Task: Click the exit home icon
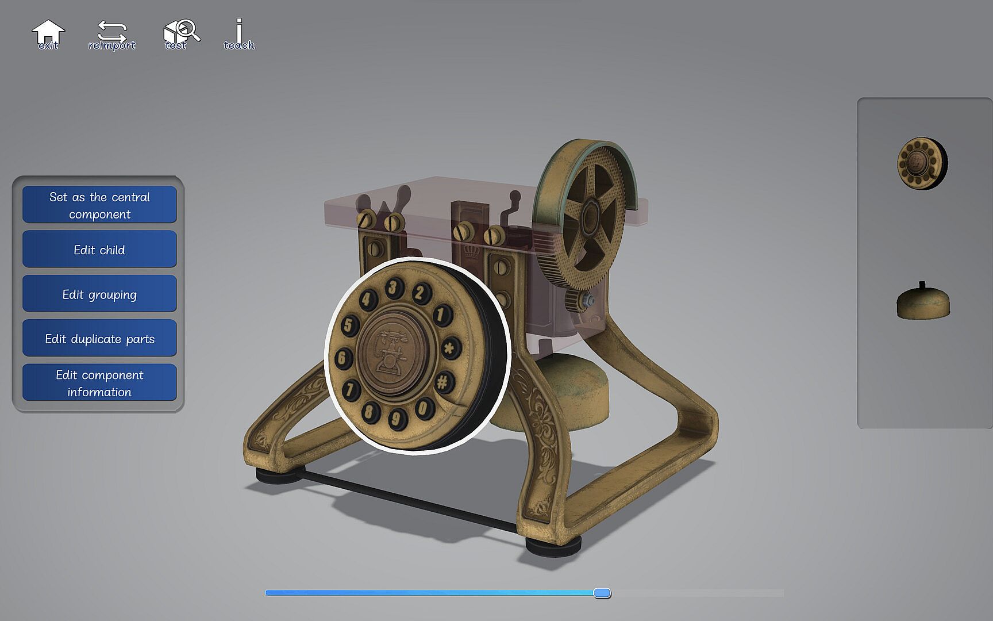click(48, 34)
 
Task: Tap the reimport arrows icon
click(111, 34)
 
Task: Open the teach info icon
click(239, 33)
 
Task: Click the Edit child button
click(99, 249)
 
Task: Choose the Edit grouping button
click(99, 294)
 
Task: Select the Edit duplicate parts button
click(99, 338)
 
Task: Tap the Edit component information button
click(99, 382)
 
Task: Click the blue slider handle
click(602, 593)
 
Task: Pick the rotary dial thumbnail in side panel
click(922, 163)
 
